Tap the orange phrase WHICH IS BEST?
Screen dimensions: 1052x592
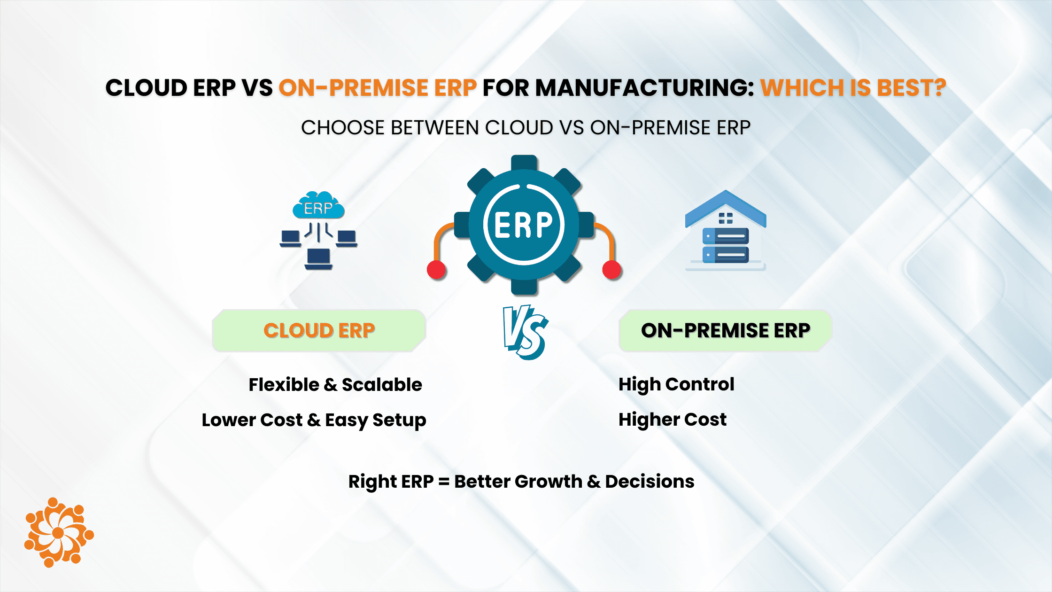tap(853, 88)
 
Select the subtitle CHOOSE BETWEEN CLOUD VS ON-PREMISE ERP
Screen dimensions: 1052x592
tap(526, 128)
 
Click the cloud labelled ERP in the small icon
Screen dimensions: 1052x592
tap(318, 205)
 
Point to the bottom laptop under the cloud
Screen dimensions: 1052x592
tap(318, 259)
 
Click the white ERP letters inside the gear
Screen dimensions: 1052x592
tap(524, 225)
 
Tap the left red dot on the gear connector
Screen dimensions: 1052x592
tap(436, 270)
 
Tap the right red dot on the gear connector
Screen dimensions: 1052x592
tap(611, 270)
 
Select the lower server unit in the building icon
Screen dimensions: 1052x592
tap(726, 255)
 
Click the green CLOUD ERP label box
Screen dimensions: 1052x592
tap(319, 331)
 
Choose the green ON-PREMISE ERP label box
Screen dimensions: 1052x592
tap(726, 331)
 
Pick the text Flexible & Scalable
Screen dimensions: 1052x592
tap(335, 385)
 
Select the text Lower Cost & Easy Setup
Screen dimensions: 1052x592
tap(314, 420)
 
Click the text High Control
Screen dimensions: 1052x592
tap(676, 385)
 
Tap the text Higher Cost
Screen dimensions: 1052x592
tap(673, 420)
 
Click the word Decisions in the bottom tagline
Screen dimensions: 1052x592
tap(650, 482)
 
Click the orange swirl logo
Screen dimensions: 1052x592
tap(59, 532)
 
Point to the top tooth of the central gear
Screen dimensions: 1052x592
tap(524, 163)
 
